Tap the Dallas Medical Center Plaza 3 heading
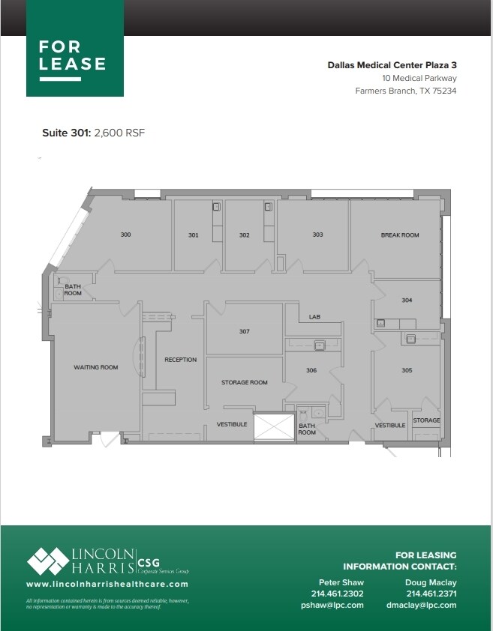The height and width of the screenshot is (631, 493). [x=392, y=65]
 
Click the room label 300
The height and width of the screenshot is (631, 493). [x=125, y=235]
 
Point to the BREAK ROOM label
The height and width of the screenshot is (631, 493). [x=399, y=235]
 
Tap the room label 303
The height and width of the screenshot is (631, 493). [x=317, y=235]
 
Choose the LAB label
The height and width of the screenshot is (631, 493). [x=315, y=317]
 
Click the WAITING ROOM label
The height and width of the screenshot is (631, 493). [x=95, y=367]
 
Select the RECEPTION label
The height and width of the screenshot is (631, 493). [x=180, y=360]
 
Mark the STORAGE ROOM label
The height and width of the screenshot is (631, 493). [x=244, y=382]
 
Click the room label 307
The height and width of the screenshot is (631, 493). [x=244, y=331]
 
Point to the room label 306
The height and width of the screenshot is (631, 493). [x=311, y=370]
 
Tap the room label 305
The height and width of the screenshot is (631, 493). [x=407, y=370]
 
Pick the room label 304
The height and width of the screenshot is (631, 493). [x=407, y=301]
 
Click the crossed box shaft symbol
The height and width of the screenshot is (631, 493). [x=274, y=427]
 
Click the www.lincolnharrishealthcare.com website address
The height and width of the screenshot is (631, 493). [x=107, y=584]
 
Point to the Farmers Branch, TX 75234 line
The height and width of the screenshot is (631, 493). [x=405, y=91]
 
